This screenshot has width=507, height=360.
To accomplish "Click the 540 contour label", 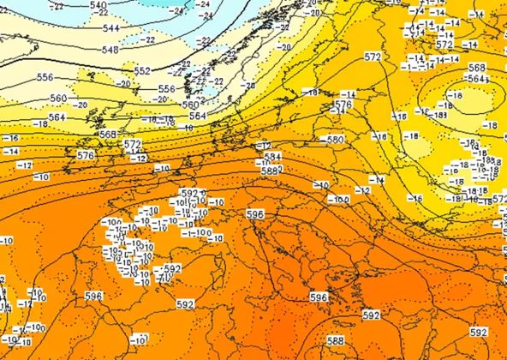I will [98, 5].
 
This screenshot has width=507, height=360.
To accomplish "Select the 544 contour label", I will [111, 28].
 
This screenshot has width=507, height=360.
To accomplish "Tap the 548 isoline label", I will [111, 51].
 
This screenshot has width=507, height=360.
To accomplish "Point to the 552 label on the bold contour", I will [142, 70].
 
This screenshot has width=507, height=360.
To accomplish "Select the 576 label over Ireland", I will [86, 155].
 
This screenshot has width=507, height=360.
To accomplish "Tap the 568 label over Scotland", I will [108, 135].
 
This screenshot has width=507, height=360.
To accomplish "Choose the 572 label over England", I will [132, 144].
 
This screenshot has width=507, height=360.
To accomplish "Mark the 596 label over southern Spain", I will [94, 296].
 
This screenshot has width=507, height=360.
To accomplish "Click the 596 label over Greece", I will [319, 297].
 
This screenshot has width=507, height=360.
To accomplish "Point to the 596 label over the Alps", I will [255, 213].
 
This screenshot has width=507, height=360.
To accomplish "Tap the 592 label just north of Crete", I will [371, 315].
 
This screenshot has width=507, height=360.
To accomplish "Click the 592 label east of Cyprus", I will [479, 332].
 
